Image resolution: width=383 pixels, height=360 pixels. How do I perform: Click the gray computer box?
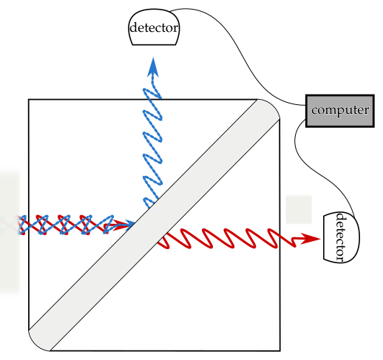(x=340, y=111)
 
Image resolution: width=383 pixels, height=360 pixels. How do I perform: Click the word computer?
(x=340, y=110)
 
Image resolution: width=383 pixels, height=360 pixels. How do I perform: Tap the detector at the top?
(x=154, y=27)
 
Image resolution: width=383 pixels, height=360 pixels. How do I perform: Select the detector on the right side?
(x=342, y=237)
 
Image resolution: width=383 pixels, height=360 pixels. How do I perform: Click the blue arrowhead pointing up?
(x=153, y=67)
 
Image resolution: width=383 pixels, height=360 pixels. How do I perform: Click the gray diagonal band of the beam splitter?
(x=155, y=225)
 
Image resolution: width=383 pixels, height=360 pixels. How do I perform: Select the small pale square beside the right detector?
(x=299, y=209)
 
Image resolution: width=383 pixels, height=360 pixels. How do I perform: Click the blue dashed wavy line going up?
(x=152, y=146)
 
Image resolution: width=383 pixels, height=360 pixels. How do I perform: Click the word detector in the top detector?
(x=154, y=27)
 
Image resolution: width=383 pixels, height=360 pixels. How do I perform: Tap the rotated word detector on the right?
(x=341, y=237)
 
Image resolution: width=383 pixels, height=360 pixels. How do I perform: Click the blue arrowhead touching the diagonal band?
(x=129, y=225)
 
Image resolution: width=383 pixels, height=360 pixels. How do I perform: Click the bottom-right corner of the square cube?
(x=280, y=350)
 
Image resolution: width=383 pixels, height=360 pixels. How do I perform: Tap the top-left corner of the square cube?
(x=29, y=99)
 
